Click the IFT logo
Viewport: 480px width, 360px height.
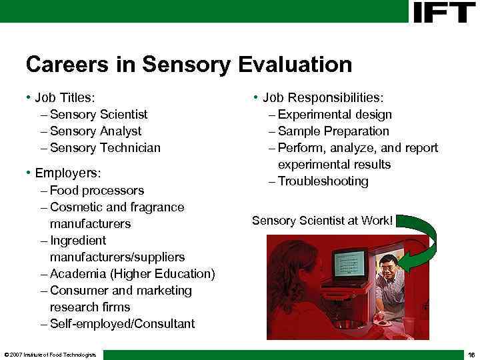pyautogui.click(x=444, y=11)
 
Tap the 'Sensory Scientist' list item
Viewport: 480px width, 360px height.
pyautogui.click(x=98, y=115)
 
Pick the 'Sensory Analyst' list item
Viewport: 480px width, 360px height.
pyautogui.click(x=95, y=131)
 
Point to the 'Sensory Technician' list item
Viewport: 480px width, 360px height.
pyautogui.click(x=105, y=148)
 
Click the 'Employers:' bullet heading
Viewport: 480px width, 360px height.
pyautogui.click(x=67, y=173)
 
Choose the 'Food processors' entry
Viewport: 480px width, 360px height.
pyautogui.click(x=97, y=191)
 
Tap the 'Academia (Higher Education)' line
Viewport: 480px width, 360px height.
pyautogui.click(x=132, y=274)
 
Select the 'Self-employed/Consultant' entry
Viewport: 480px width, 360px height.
pyautogui.click(x=122, y=324)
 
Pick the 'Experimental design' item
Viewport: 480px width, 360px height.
pyautogui.click(x=335, y=115)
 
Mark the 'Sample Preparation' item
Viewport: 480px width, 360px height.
pyautogui.click(x=333, y=131)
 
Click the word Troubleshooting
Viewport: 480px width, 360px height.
pyautogui.click(x=323, y=181)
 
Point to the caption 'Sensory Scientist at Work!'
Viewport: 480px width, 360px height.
pyautogui.click(x=322, y=220)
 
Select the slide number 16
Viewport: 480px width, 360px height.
pyautogui.click(x=471, y=355)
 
